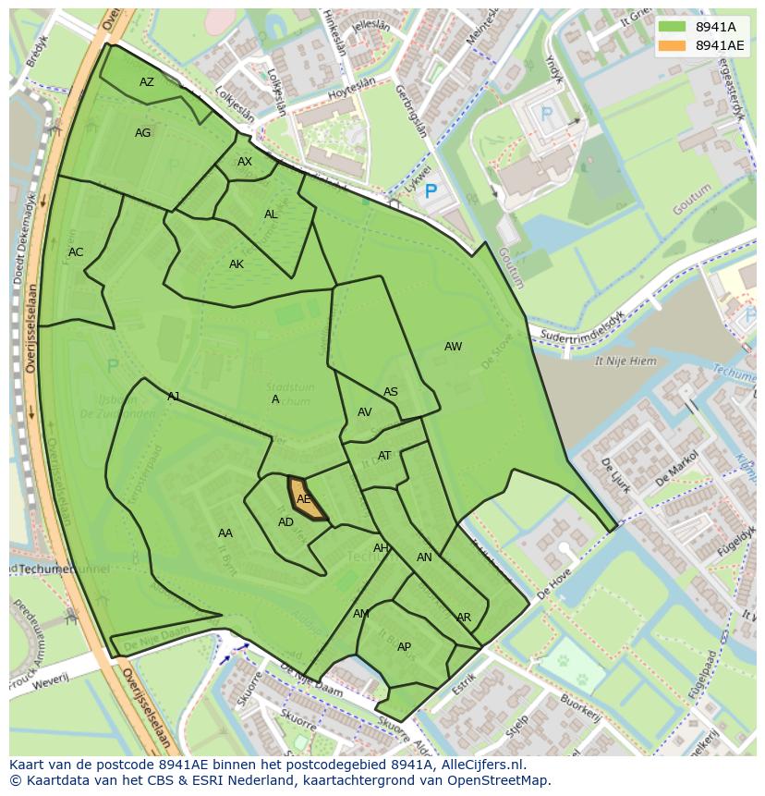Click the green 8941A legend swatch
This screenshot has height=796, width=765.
coord(673,27)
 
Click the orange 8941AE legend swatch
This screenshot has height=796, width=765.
coord(673,45)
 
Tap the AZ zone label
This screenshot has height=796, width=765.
coord(147,82)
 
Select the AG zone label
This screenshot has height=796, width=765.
coord(142,133)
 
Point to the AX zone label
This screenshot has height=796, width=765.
coord(245,162)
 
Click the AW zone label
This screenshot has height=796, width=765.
coord(453,347)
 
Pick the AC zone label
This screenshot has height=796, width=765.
coord(76,252)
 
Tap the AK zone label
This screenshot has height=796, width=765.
coord(237,264)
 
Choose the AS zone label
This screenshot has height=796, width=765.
coord(391,392)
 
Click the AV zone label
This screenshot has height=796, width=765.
coord(365,412)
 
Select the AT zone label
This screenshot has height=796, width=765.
coord(384,456)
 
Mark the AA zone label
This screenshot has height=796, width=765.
coord(225,533)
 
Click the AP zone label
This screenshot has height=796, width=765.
coord(404,647)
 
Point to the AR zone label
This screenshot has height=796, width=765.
coord(464,618)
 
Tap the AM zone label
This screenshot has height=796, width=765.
coord(361,614)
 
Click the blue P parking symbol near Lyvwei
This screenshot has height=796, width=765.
coord(430,193)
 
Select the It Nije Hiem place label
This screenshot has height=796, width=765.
coord(631,361)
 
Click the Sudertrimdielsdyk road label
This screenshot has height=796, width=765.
coord(583,325)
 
